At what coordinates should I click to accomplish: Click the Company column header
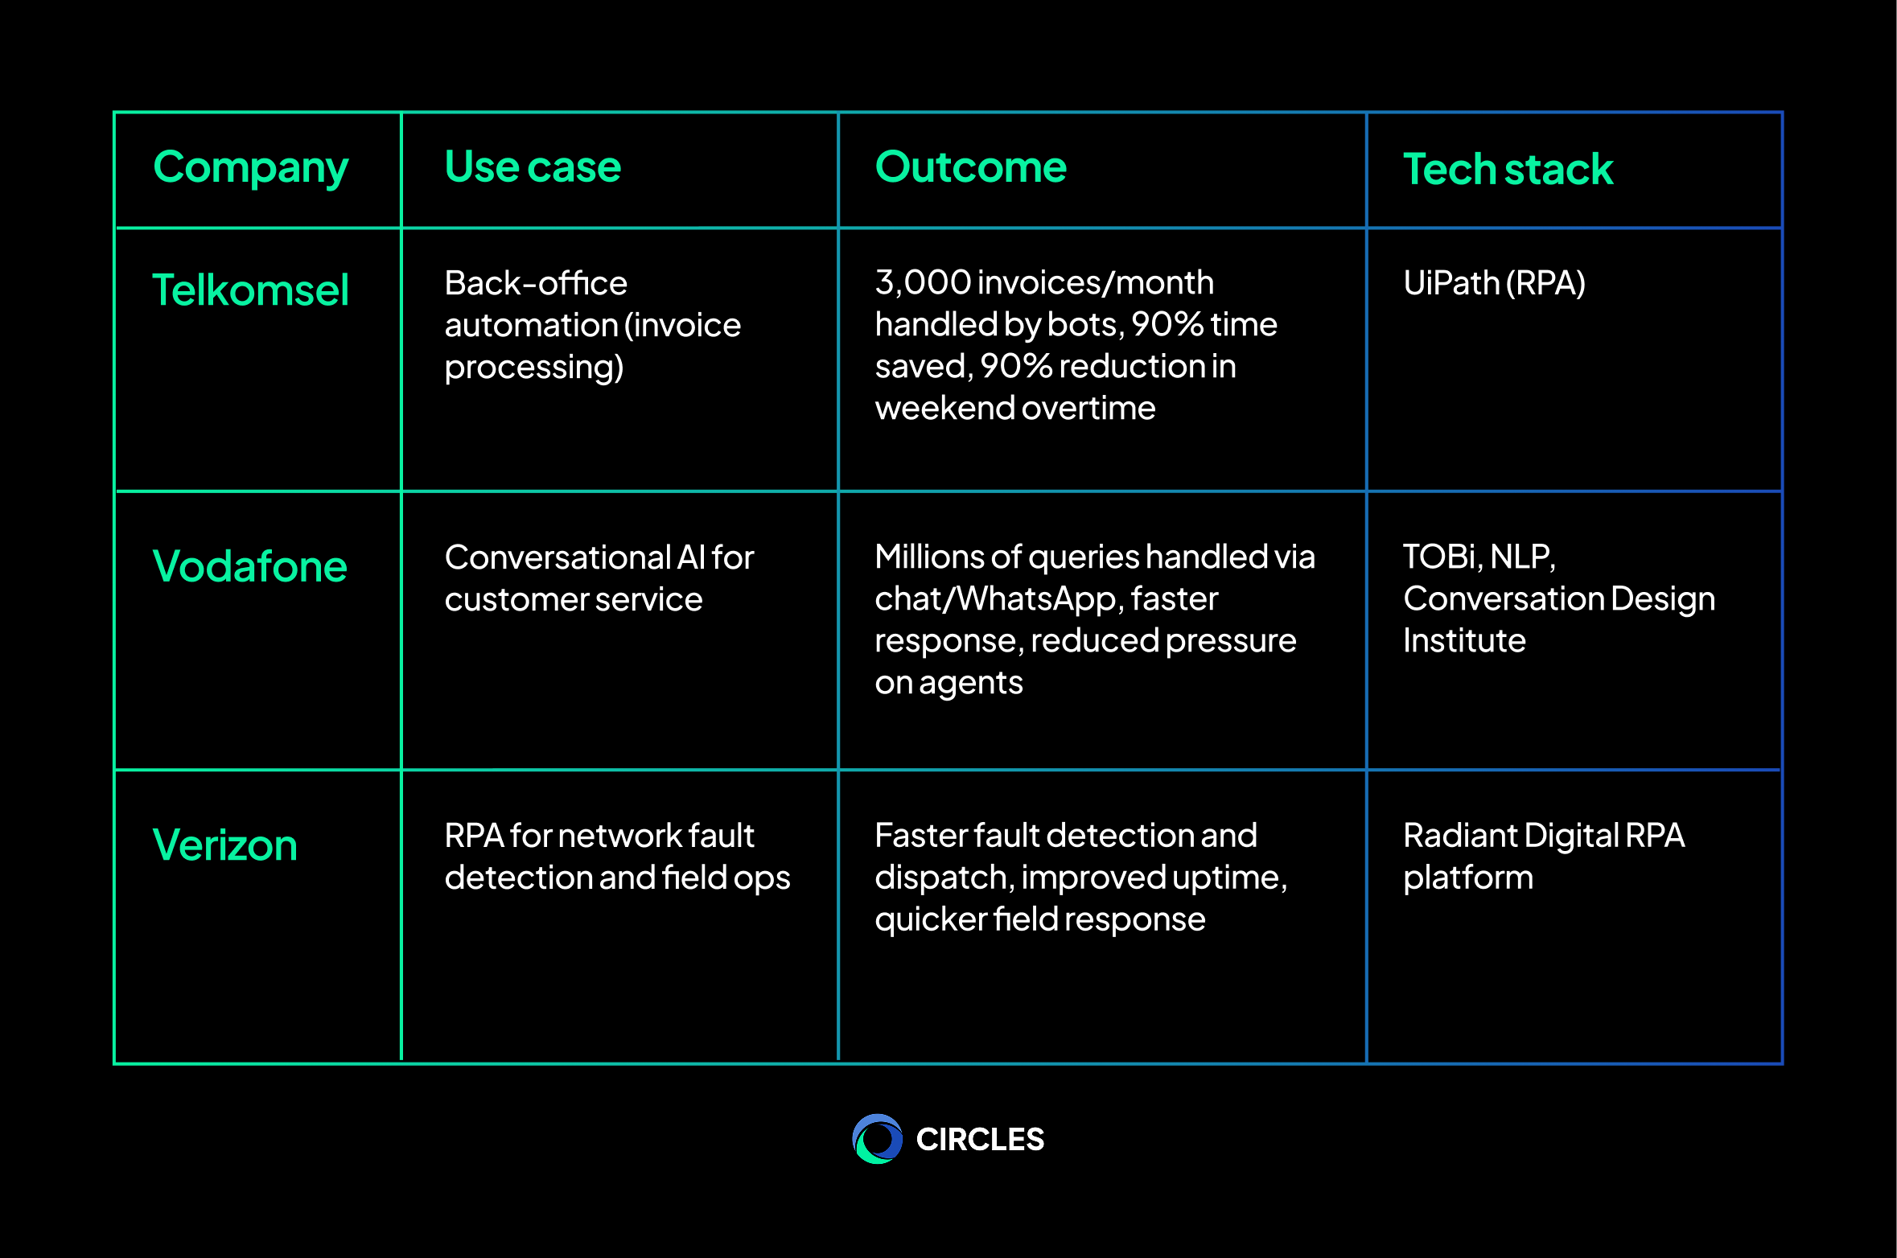[x=250, y=168]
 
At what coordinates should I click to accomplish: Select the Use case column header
[x=533, y=167]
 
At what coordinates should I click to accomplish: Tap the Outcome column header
[x=970, y=167]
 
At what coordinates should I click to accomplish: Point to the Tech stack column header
[x=1508, y=170]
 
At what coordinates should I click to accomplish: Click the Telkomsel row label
[x=250, y=290]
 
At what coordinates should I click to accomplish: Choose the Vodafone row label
[x=249, y=566]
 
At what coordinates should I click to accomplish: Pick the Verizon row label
[x=224, y=845]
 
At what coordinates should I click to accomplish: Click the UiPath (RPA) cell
[x=1494, y=283]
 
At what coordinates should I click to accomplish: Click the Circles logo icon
[x=877, y=1139]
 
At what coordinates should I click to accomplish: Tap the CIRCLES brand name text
[x=980, y=1140]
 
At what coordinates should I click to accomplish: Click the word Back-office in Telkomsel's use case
[x=536, y=283]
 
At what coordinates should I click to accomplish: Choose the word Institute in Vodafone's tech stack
[x=1464, y=641]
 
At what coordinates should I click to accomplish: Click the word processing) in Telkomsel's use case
[x=534, y=368]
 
